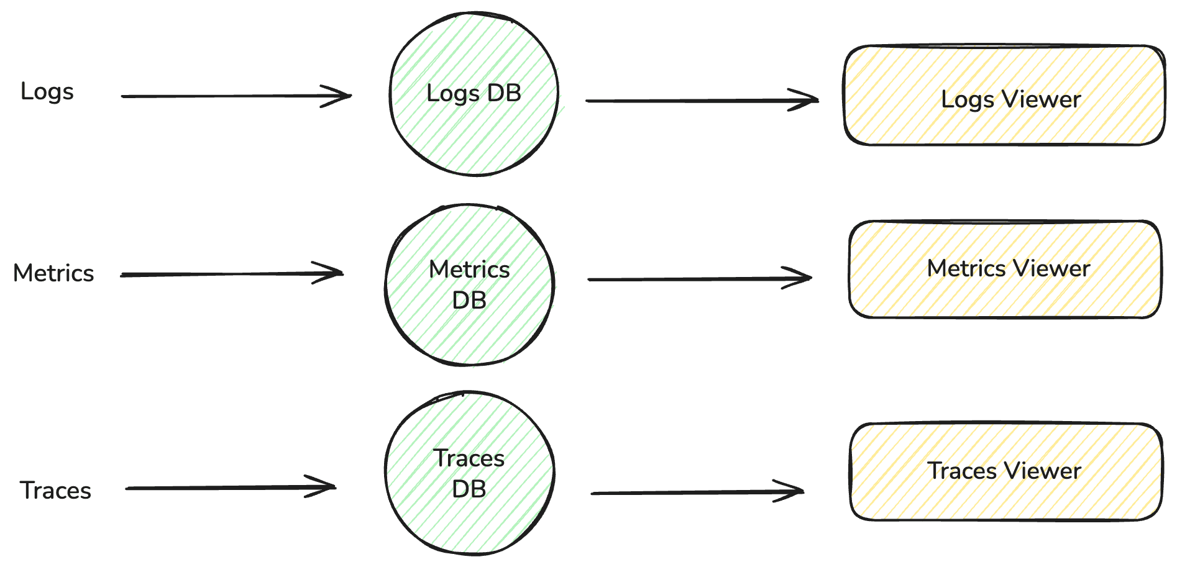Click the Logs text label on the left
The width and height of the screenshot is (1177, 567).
47,92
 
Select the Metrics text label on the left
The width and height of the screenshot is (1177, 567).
53,273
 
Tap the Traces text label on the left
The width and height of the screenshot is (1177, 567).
55,491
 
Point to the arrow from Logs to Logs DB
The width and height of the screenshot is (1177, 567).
236,96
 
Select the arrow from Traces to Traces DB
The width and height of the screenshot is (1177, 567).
230,488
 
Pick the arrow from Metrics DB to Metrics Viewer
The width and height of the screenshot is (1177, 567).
699,279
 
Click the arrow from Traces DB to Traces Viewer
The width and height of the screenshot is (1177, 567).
696,492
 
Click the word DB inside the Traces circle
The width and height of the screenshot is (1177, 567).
469,489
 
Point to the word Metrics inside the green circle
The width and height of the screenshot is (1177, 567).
469,270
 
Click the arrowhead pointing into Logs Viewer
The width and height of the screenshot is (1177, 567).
808,100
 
